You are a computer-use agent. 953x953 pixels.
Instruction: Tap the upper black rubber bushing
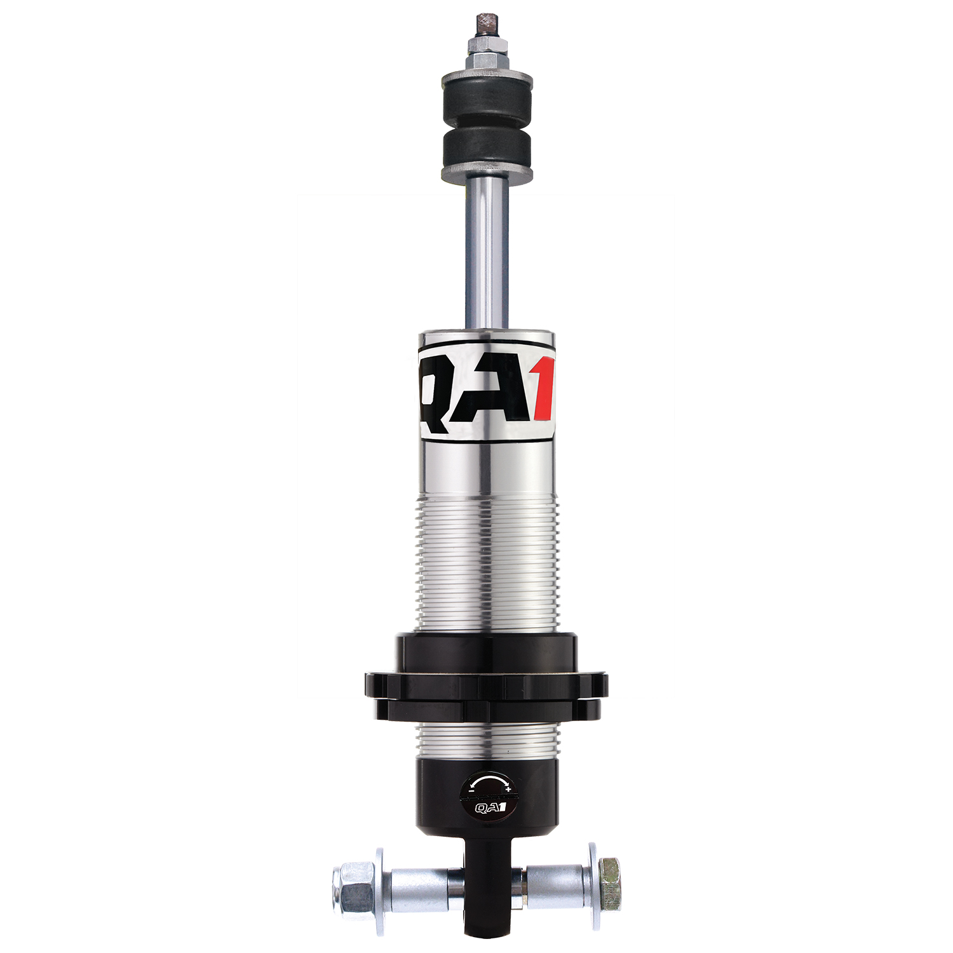(487, 102)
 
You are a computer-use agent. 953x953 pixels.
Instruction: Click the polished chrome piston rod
(487, 254)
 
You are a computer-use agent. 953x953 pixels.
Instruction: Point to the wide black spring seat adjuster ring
(486, 686)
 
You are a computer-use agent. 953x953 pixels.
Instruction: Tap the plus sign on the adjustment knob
(508, 788)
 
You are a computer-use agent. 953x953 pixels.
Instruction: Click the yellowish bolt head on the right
(609, 875)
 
